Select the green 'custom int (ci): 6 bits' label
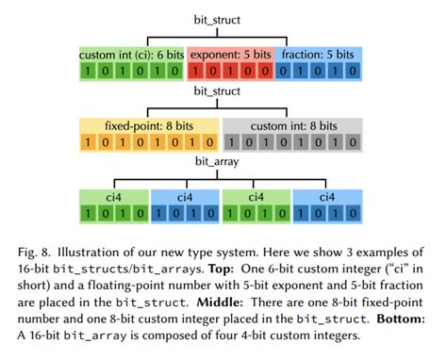[x=131, y=56]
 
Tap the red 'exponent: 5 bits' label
[x=232, y=56]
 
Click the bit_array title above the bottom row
[x=223, y=162]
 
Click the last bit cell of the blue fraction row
[x=361, y=74]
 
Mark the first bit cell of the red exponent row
[x=197, y=74]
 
